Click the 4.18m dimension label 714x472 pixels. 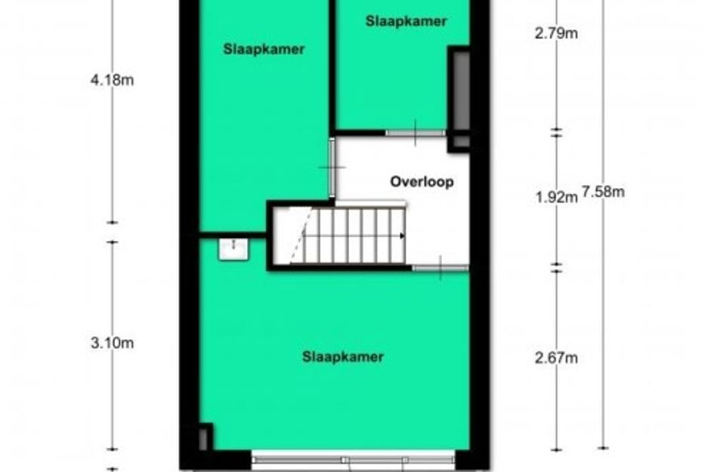click(x=112, y=80)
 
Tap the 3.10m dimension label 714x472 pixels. click(x=112, y=343)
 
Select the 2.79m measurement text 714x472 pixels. click(x=556, y=33)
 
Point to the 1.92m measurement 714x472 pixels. click(x=556, y=197)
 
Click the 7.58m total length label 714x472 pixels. click(x=603, y=192)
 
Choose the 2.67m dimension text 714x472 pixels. click(x=556, y=358)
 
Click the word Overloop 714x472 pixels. click(x=422, y=181)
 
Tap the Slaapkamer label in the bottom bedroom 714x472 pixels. click(x=343, y=357)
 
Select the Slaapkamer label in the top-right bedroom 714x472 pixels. click(x=406, y=21)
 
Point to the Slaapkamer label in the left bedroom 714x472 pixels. click(x=264, y=49)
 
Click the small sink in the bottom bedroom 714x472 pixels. click(x=233, y=249)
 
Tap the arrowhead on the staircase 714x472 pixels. click(x=402, y=236)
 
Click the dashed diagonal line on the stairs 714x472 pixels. click(x=301, y=236)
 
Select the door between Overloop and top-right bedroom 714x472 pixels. click(x=416, y=133)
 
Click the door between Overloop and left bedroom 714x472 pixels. click(x=332, y=168)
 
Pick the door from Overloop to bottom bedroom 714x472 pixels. click(x=440, y=268)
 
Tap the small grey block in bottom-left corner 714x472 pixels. click(x=203, y=438)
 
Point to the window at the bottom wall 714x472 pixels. click(x=353, y=460)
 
